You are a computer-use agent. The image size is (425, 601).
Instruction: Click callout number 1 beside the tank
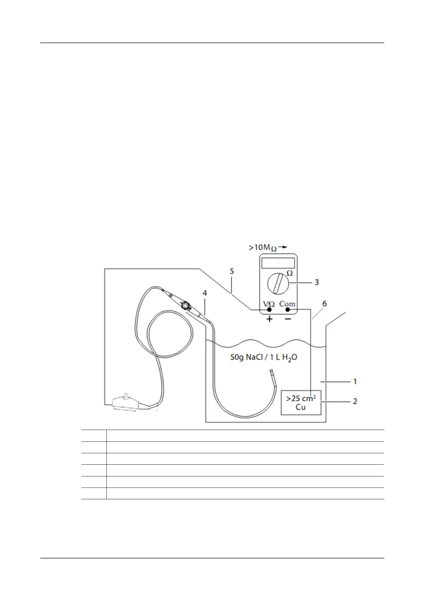(355, 382)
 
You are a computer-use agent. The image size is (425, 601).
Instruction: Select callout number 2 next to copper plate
(355, 401)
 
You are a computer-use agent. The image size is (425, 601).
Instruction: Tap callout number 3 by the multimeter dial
(317, 282)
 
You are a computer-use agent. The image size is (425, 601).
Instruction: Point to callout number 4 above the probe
(204, 293)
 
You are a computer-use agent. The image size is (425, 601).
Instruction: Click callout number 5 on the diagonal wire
(232, 271)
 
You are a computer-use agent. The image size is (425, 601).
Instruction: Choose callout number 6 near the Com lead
(324, 304)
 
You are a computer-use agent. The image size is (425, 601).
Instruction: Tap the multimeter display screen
(278, 263)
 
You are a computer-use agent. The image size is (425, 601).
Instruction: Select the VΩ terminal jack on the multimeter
(269, 310)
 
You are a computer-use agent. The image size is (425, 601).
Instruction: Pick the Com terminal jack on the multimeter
(287, 310)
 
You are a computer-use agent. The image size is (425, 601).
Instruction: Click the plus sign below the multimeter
(269, 319)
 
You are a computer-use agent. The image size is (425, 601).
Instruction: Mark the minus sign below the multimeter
(288, 319)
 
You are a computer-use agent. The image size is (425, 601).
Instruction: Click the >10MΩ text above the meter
(263, 247)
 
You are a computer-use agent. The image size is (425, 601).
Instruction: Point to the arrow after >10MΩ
(283, 247)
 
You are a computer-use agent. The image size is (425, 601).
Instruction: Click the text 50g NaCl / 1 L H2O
(264, 357)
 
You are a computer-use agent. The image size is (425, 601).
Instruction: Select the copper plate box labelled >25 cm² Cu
(301, 403)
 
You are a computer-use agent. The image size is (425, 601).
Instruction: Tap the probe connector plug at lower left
(125, 403)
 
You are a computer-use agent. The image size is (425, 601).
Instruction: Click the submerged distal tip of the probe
(272, 373)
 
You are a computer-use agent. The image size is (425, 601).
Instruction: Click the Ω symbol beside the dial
(290, 273)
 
